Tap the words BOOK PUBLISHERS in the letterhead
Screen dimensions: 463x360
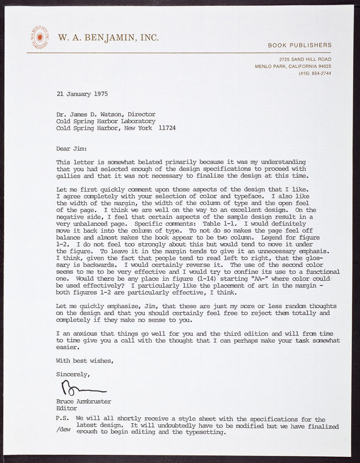299,45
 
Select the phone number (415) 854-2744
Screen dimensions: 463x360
315,74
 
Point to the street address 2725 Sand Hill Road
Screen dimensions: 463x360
304,60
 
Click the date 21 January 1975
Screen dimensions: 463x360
82,93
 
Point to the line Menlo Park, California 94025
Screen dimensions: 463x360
293,67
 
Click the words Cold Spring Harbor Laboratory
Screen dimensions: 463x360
105,122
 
